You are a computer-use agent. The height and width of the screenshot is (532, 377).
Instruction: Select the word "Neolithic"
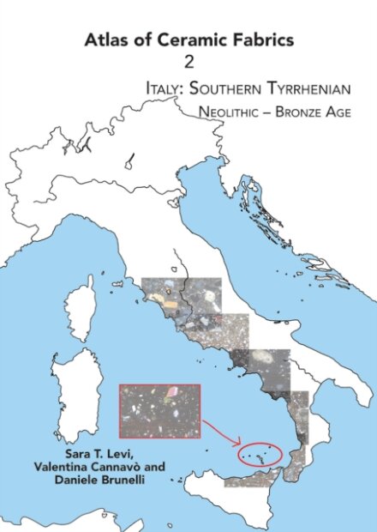point(236,112)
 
